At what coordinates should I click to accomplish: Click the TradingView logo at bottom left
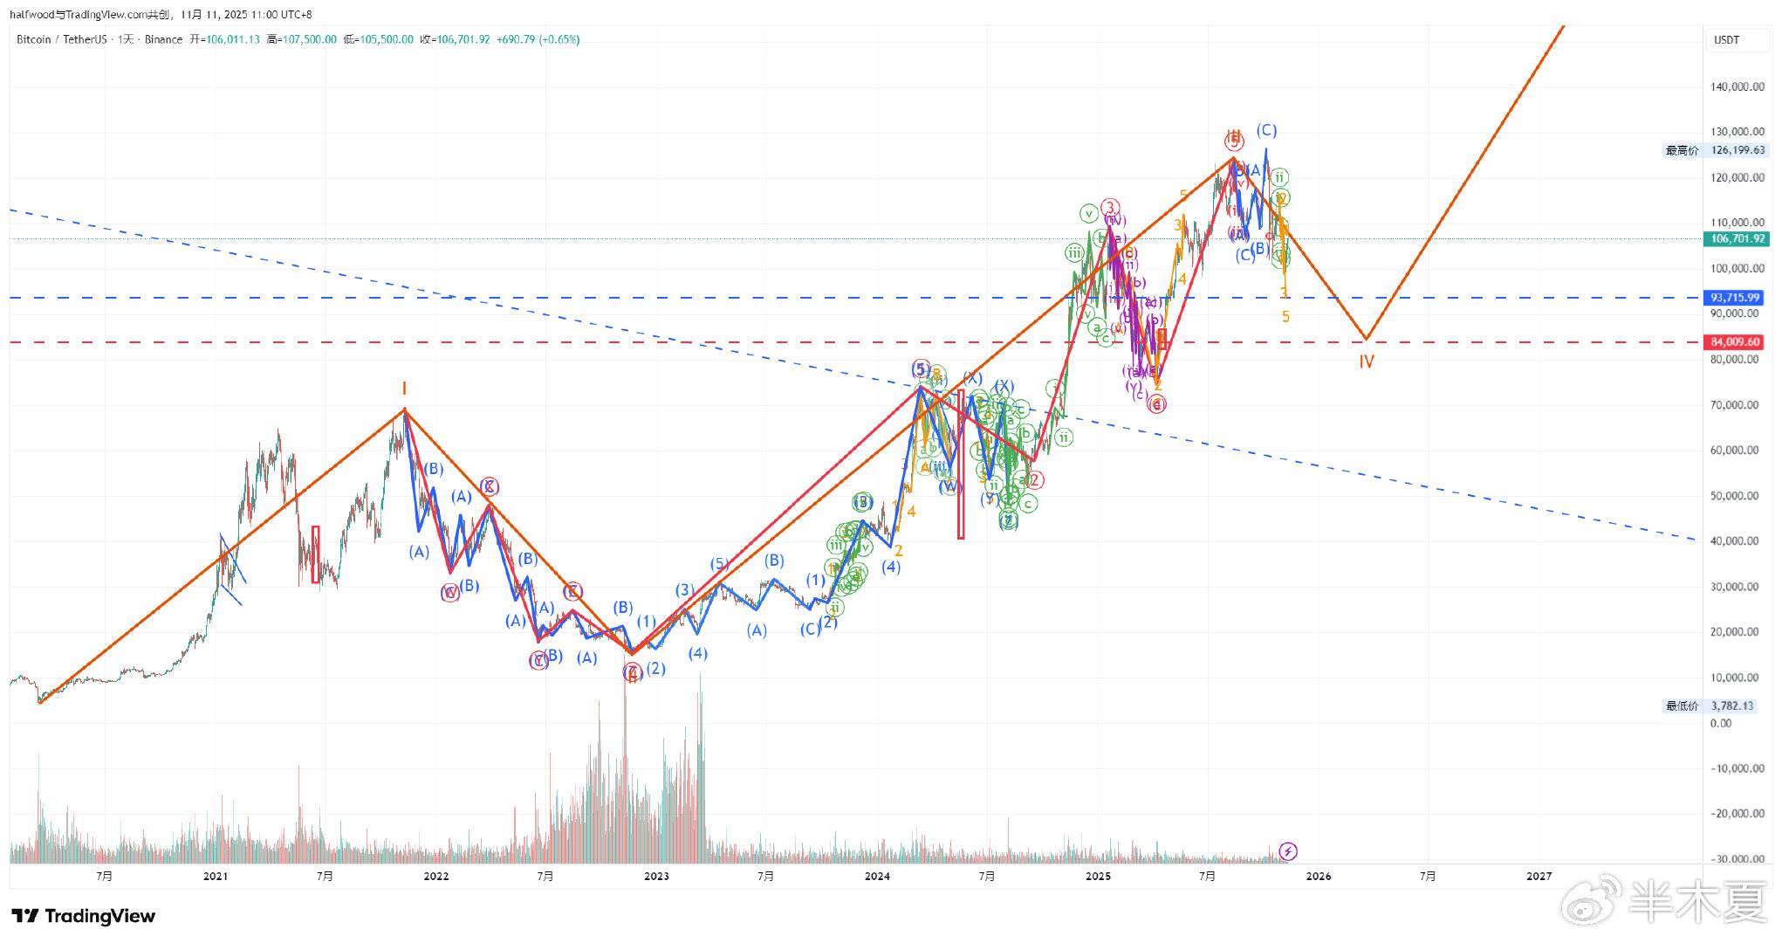[84, 916]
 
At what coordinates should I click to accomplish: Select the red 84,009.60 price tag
[1735, 342]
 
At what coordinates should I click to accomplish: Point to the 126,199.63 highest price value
[1737, 150]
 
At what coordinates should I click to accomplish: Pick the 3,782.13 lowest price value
[1731, 706]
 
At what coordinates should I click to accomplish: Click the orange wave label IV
[1366, 361]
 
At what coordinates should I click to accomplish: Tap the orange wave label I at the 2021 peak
[404, 389]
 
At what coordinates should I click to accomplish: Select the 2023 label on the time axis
[656, 876]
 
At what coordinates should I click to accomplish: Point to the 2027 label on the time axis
[1539, 876]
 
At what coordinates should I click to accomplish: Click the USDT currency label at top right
[1726, 39]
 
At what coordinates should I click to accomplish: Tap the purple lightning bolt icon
[1288, 850]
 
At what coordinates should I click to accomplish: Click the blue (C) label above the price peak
[1266, 130]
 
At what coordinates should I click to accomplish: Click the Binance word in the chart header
[163, 39]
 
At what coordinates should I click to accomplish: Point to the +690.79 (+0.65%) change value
[538, 39]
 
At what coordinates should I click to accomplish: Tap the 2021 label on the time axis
[215, 876]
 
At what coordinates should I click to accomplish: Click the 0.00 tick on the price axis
[1721, 723]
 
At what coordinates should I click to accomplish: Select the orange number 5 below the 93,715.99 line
[1285, 317]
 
